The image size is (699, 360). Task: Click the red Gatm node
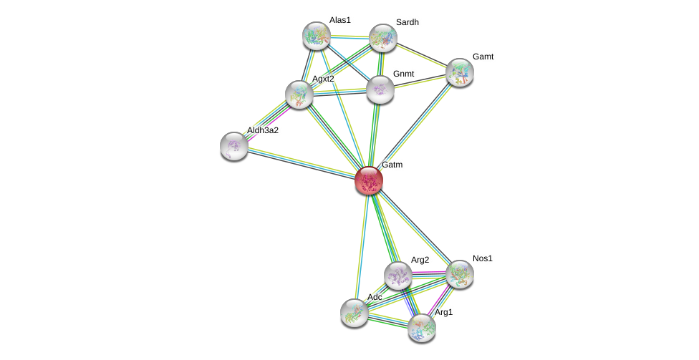point(369,180)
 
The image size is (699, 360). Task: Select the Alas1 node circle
point(316,36)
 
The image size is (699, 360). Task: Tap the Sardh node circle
point(383,38)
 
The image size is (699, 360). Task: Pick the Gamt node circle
point(459,72)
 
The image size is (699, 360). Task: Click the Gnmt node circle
point(380,89)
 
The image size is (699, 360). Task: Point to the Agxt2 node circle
point(299,94)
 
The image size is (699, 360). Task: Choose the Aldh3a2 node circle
point(234,146)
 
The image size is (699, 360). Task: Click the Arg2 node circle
point(397,276)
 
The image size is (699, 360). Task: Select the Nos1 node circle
point(459,273)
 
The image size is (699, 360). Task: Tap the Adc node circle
point(354,312)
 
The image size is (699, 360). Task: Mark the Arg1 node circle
point(422,328)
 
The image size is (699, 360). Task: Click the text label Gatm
point(392,165)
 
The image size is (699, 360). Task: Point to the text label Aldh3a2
point(262,130)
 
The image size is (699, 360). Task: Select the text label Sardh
point(407,22)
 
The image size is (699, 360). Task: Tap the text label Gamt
point(483,57)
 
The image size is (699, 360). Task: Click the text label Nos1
point(482,258)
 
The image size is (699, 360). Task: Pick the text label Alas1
point(339,20)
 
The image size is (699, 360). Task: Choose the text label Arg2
point(420,260)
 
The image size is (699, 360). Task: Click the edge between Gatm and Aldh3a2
point(301,163)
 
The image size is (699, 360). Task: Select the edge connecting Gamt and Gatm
point(414,126)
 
